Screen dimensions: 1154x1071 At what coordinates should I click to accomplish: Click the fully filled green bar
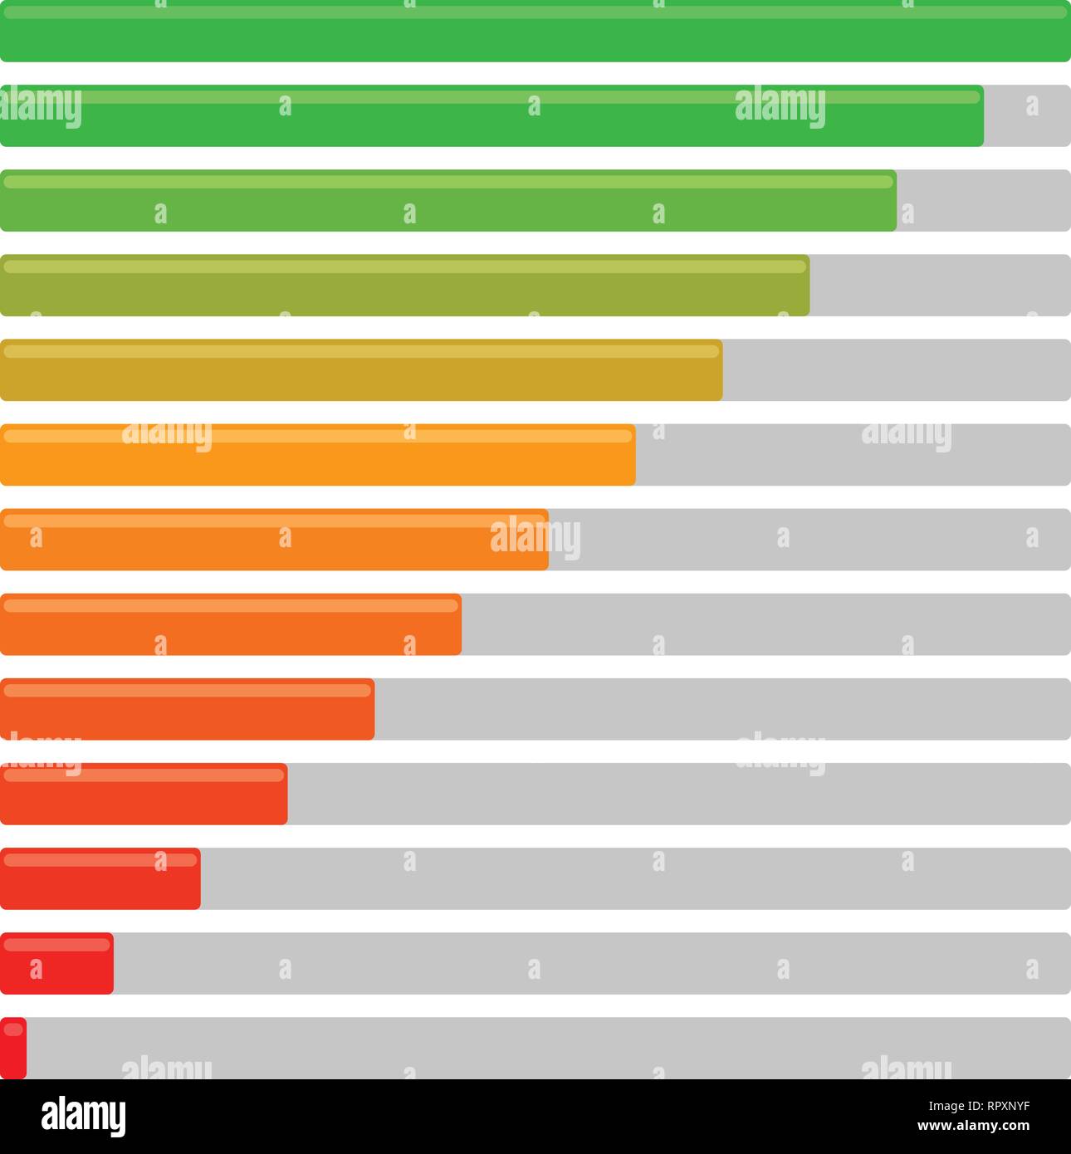tap(535, 32)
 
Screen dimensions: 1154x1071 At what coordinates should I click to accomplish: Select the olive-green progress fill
tap(404, 286)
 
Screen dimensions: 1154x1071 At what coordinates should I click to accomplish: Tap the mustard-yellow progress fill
tap(361, 370)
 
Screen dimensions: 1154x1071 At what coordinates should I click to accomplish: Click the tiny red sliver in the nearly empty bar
tap(13, 1048)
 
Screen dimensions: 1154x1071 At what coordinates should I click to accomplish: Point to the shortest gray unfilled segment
tap(1027, 116)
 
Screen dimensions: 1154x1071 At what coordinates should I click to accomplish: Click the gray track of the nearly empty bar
tap(548, 1048)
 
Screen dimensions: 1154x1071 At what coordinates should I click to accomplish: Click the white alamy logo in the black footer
tap(83, 1117)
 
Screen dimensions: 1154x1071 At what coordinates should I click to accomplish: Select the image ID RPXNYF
tap(995, 1106)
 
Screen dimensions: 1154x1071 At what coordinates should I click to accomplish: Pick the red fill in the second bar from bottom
tap(56, 963)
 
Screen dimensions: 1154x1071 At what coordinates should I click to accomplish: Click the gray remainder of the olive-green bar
tap(940, 286)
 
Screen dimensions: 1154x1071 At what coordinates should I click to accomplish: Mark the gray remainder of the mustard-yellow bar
tap(897, 370)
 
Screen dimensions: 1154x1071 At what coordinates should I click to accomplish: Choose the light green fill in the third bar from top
tap(448, 201)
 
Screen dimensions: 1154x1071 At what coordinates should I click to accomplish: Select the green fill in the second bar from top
tap(491, 116)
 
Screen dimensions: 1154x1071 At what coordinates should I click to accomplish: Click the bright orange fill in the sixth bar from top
tap(317, 455)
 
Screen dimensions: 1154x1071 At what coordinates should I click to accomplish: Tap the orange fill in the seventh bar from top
tap(274, 540)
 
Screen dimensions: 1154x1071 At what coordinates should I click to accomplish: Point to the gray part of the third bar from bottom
tap(635, 878)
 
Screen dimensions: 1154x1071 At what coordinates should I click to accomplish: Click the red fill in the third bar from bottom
tap(100, 878)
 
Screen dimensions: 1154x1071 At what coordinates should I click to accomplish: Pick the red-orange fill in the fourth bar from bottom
tap(144, 794)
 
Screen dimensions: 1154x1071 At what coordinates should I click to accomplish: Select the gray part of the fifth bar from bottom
tap(722, 709)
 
